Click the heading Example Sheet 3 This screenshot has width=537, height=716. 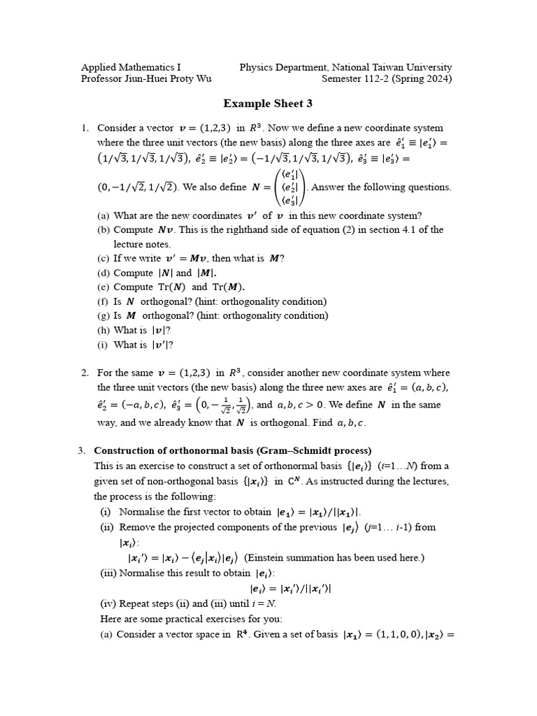pyautogui.click(x=268, y=103)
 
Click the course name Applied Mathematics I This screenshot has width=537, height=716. pyautogui.click(x=131, y=67)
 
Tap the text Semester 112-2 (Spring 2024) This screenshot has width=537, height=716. pyautogui.click(x=386, y=79)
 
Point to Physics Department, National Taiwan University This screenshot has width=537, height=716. pyautogui.click(x=345, y=67)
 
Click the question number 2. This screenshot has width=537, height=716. pyautogui.click(x=84, y=373)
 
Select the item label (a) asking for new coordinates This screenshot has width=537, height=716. pyautogui.click(x=103, y=215)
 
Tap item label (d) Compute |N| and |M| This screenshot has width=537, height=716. pyautogui.click(x=103, y=273)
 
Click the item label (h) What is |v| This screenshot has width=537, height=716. pyautogui.click(x=103, y=330)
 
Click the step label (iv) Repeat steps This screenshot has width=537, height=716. pyautogui.click(x=108, y=604)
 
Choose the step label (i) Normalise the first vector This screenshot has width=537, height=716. pyautogui.click(x=106, y=511)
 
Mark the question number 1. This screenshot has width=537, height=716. pyautogui.click(x=84, y=128)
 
